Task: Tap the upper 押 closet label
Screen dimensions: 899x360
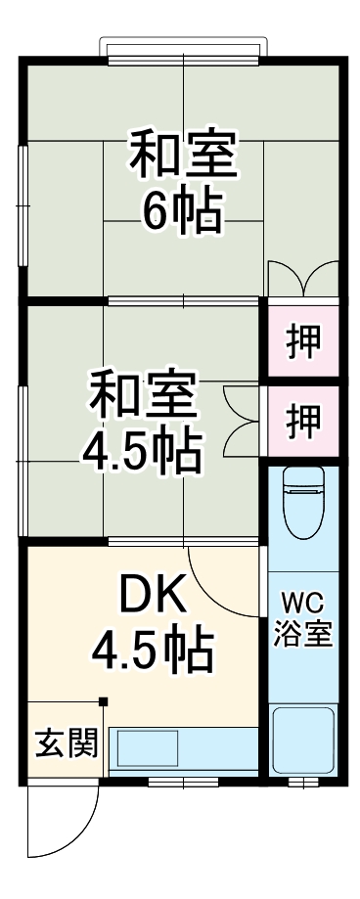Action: point(302,342)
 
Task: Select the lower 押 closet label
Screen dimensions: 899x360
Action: point(302,421)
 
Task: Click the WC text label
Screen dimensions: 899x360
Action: point(302,599)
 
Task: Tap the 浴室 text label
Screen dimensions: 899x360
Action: point(302,633)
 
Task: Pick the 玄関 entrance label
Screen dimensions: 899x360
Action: point(67,743)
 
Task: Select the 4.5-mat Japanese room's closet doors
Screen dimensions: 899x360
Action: point(240,421)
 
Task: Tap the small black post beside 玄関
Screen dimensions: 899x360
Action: point(104,700)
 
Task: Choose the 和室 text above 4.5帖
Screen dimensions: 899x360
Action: point(142,396)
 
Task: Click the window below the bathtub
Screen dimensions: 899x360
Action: point(302,781)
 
